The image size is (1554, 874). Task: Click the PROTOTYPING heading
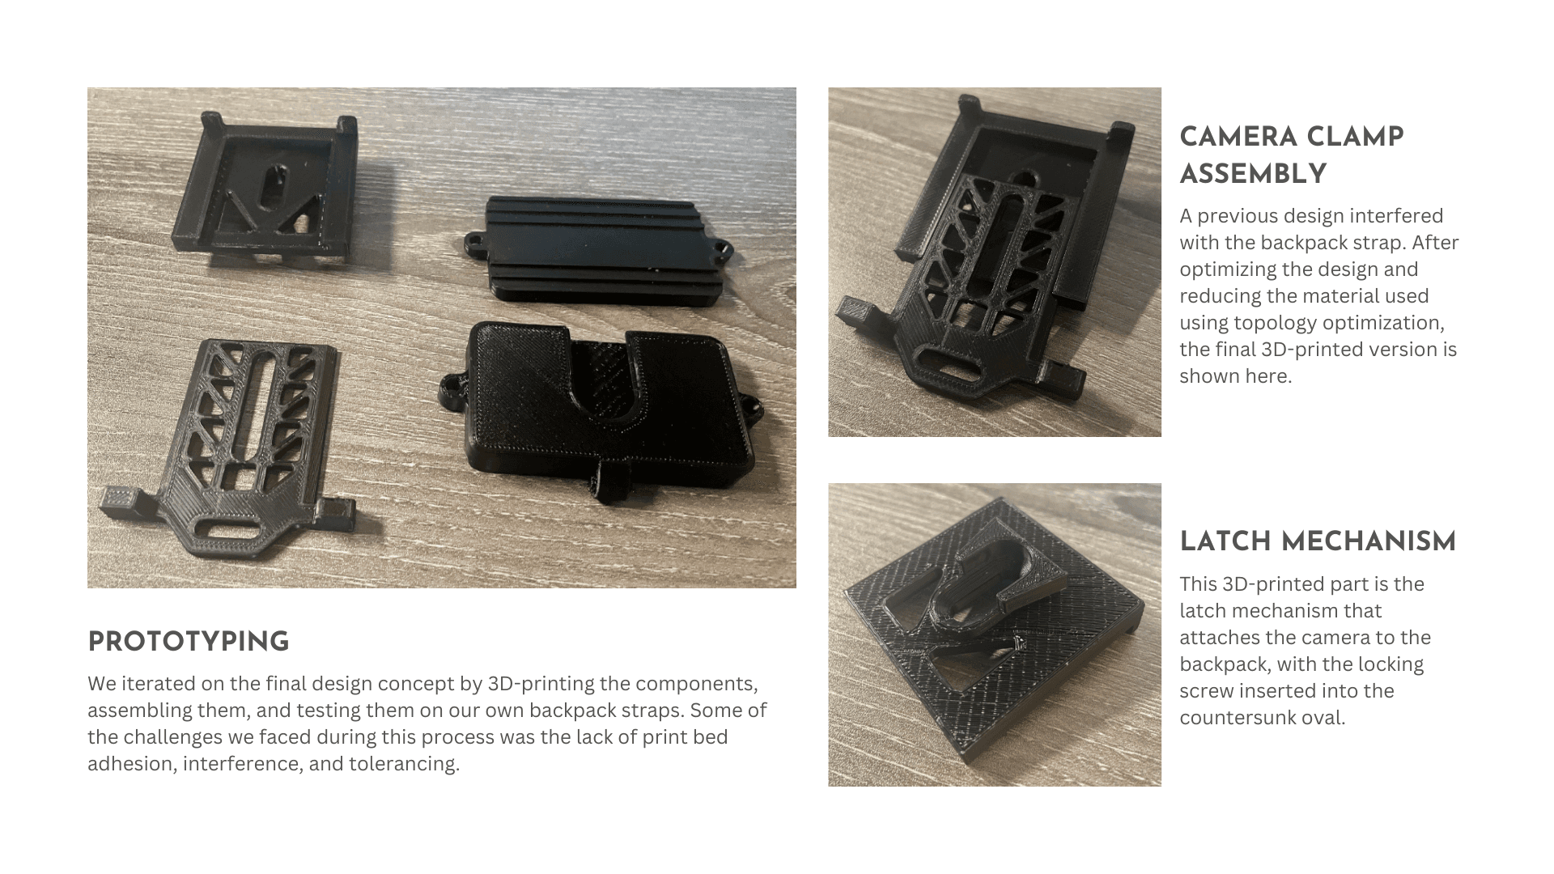coord(189,642)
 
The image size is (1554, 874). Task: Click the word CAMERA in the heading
coord(1233,137)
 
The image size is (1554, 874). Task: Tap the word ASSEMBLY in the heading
coord(1253,174)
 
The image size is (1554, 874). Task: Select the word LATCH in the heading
coord(1224,541)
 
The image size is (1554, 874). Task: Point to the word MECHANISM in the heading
coord(1367,541)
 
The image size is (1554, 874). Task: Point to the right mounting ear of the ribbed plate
coord(720,244)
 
